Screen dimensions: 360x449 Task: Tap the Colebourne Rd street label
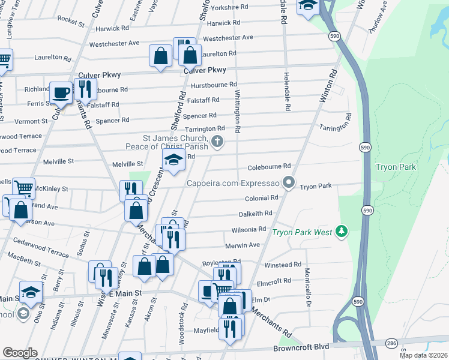point(269,166)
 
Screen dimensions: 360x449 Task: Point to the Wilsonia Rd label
point(249,229)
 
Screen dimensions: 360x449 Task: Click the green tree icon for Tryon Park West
point(342,231)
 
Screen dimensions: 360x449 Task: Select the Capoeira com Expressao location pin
point(289,182)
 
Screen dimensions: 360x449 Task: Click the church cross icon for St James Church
point(217,142)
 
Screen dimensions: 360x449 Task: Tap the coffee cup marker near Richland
point(60,92)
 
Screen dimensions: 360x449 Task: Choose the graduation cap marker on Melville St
point(173,160)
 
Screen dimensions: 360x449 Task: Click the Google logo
point(19,353)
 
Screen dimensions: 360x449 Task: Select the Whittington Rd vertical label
point(238,109)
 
